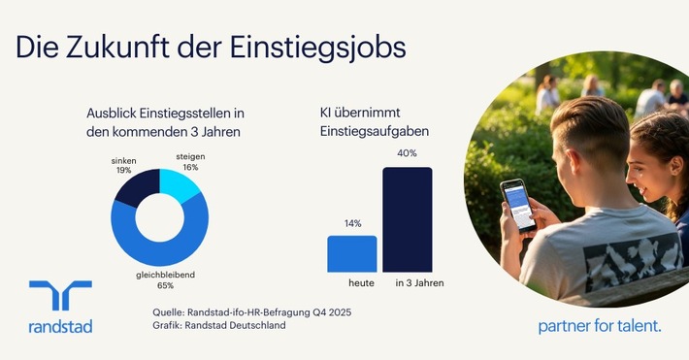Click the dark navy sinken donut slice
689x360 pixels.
pyautogui.click(x=134, y=187)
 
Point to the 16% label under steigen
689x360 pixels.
pyautogui.click(x=190, y=168)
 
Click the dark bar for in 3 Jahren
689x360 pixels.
pyautogui.click(x=407, y=219)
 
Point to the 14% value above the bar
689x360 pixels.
pyautogui.click(x=351, y=224)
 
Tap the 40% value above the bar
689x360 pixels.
pyautogui.click(x=407, y=153)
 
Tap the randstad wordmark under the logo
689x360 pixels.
pyautogui.click(x=60, y=327)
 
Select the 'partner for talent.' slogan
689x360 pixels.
pyautogui.click(x=599, y=327)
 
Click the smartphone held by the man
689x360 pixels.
pyautogui.click(x=517, y=205)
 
